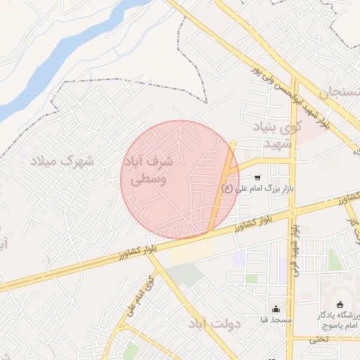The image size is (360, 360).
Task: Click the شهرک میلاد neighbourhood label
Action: point(62,161)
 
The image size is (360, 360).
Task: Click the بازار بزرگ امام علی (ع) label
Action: point(257,188)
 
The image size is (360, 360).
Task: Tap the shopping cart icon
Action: point(258,177)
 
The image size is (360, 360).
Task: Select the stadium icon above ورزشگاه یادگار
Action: point(342,304)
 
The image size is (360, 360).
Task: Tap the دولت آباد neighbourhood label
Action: point(215,324)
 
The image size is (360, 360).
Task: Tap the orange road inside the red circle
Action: point(222,190)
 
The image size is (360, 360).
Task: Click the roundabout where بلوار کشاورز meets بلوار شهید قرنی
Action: point(292,210)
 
